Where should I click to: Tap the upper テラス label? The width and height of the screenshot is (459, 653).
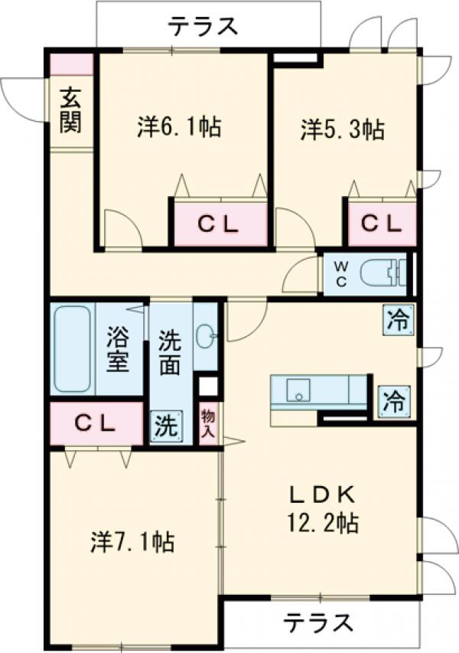coord(203,27)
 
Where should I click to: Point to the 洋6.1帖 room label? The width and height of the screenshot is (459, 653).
coord(180,127)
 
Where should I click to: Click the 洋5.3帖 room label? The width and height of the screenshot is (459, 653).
coord(342,130)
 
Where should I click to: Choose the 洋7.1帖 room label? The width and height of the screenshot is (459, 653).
coord(132,542)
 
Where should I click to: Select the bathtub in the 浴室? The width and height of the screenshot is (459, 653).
coord(73,349)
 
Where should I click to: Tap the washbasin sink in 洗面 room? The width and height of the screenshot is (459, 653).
coord(206,335)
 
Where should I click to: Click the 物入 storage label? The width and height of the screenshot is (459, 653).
coord(208,424)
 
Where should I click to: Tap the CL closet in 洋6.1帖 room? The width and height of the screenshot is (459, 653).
coord(220,224)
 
